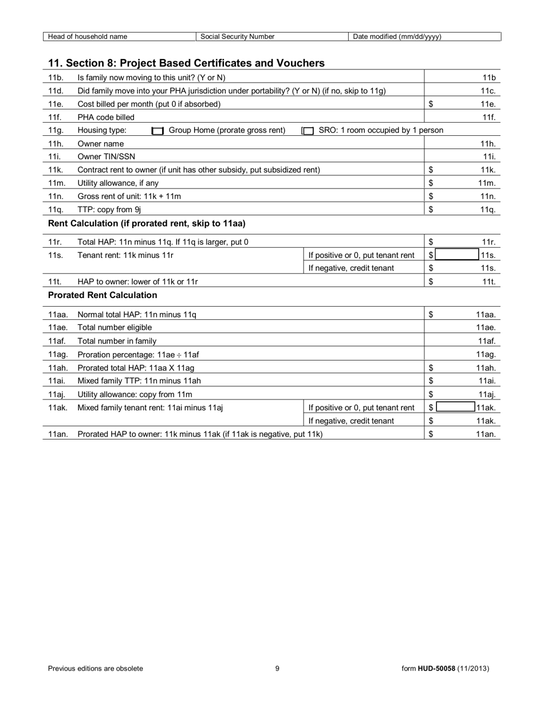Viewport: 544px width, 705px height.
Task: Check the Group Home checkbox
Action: click(157, 131)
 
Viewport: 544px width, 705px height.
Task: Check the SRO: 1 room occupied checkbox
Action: click(308, 131)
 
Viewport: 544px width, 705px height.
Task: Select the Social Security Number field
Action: click(271, 37)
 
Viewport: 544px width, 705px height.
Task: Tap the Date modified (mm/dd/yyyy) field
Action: click(424, 37)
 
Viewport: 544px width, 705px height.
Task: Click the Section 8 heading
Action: click(186, 63)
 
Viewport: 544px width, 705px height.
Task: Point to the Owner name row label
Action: click(100, 144)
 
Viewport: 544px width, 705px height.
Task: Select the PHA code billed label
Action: click(106, 117)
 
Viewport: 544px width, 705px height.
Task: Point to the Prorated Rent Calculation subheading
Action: click(103, 295)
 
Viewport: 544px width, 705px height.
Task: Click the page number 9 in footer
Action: click(277, 668)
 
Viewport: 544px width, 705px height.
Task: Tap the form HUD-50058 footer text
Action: click(445, 668)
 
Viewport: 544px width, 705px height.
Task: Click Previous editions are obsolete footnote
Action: click(96, 668)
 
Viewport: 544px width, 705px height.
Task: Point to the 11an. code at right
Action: click(486, 434)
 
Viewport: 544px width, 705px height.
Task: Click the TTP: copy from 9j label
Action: click(109, 209)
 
